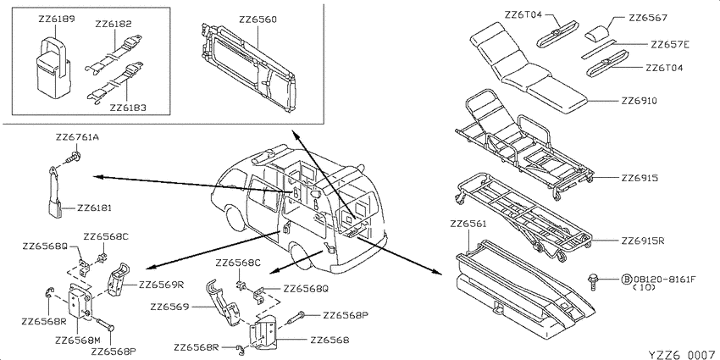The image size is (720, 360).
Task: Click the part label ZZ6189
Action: click(57, 19)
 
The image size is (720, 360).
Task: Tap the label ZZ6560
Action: click(258, 20)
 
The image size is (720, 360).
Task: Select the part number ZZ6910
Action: click(639, 101)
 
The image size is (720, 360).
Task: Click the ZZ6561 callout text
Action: click(468, 224)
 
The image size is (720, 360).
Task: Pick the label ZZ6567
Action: click(647, 19)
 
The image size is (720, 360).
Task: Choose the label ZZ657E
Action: click(670, 45)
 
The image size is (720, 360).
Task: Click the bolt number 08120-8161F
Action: click(664, 279)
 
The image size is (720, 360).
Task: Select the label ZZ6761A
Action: click(77, 137)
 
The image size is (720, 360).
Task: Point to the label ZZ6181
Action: click(94, 208)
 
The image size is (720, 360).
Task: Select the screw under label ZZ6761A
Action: click(75, 158)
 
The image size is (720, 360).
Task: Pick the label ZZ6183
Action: click(128, 108)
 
